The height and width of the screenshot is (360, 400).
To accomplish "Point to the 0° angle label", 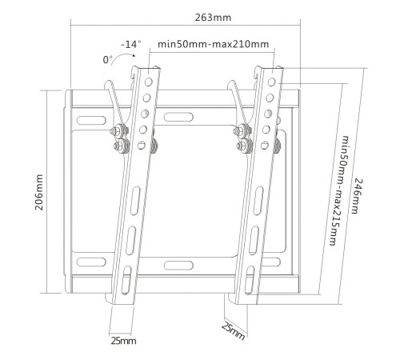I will (107, 59).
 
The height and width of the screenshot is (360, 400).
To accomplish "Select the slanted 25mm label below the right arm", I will (234, 330).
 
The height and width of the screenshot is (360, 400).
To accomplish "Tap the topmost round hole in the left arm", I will (148, 81).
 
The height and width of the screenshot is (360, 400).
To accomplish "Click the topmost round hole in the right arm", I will (274, 82).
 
